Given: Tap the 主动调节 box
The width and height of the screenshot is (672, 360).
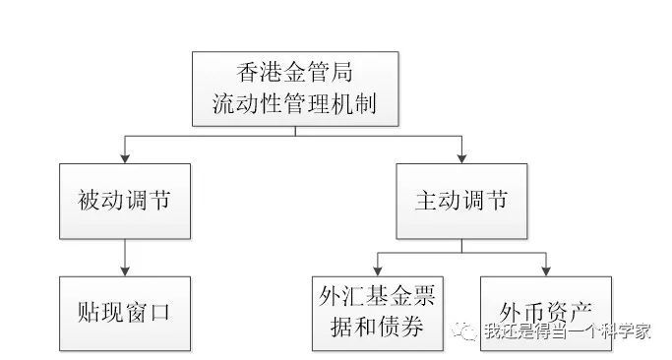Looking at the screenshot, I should click(x=460, y=201).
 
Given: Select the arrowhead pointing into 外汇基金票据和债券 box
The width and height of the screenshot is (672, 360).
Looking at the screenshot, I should click(x=378, y=270).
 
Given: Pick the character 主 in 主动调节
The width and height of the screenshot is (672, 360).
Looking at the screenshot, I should click(x=426, y=201).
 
